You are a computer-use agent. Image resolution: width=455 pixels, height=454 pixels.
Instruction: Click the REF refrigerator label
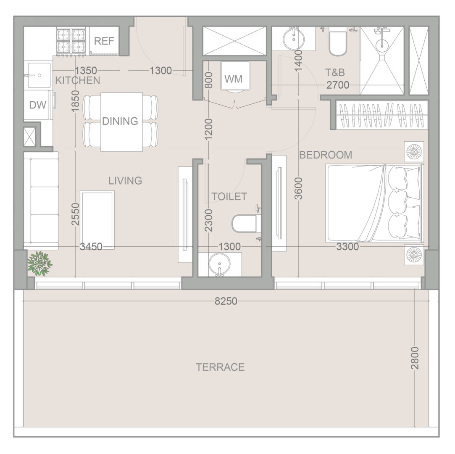(104, 41)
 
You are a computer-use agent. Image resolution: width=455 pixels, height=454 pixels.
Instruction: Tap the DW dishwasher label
(38, 105)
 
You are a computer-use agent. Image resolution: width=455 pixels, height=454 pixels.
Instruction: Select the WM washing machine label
(234, 79)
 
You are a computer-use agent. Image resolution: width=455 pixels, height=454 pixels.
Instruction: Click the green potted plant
(40, 264)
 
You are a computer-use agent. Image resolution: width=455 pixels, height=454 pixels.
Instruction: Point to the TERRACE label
(220, 367)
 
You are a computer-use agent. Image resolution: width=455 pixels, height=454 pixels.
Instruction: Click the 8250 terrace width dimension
(226, 301)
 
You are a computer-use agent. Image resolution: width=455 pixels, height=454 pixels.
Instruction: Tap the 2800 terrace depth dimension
(415, 358)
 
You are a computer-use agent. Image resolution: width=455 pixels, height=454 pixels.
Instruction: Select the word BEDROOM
(326, 155)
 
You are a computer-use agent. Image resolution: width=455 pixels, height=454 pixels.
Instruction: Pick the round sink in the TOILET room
(219, 264)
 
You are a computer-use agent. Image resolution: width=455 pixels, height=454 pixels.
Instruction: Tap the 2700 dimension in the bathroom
(338, 85)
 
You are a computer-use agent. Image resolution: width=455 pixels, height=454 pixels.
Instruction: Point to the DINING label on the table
(120, 121)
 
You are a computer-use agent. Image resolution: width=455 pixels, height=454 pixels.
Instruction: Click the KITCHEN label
(77, 80)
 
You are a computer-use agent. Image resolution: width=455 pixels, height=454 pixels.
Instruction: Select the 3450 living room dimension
(91, 247)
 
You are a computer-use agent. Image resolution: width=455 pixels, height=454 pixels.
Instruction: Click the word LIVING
(125, 181)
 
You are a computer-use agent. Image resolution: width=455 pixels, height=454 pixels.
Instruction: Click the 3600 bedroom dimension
(298, 189)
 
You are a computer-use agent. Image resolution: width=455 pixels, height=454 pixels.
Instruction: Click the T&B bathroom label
(335, 72)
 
